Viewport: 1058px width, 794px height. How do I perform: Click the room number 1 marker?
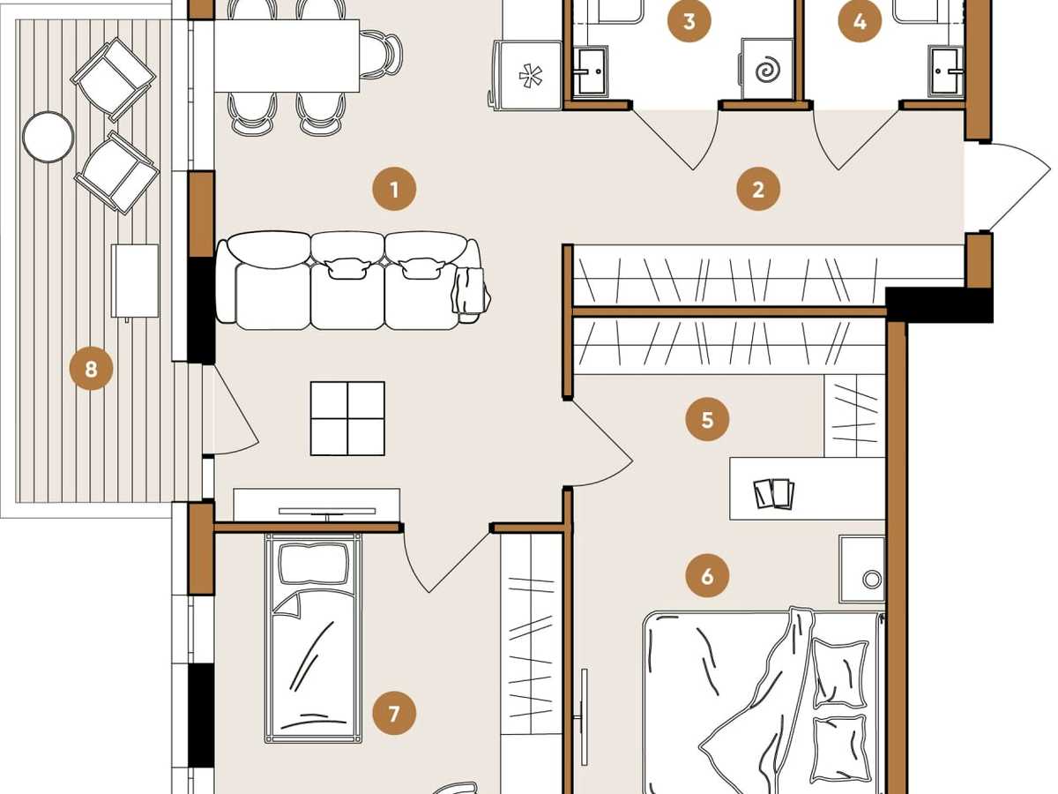[x=394, y=189]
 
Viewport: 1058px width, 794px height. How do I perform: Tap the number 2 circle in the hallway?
[x=758, y=189]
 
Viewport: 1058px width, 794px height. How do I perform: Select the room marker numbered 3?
[x=689, y=21]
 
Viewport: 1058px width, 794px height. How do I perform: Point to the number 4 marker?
[x=860, y=21]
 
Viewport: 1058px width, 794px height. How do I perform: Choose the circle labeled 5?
[x=707, y=419]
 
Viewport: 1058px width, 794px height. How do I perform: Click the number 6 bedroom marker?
[x=707, y=576]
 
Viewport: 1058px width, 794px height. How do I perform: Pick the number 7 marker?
[x=394, y=714]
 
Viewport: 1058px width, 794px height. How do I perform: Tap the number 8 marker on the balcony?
[x=91, y=370]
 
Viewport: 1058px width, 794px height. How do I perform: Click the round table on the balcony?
[x=48, y=137]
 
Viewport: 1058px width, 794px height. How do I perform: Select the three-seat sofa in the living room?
[x=352, y=281]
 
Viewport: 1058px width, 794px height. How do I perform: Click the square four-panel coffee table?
[x=347, y=418]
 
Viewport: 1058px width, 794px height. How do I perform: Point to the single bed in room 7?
[x=313, y=638]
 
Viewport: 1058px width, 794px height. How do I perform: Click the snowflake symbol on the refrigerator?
[x=530, y=77]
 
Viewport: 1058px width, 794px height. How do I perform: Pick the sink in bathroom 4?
[x=946, y=71]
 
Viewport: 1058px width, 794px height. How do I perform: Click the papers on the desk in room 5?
[x=774, y=493]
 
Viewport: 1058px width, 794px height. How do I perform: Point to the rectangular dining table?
[x=287, y=56]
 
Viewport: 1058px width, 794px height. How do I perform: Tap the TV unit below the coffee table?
[x=317, y=505]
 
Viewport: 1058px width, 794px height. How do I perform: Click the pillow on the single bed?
[x=313, y=563]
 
